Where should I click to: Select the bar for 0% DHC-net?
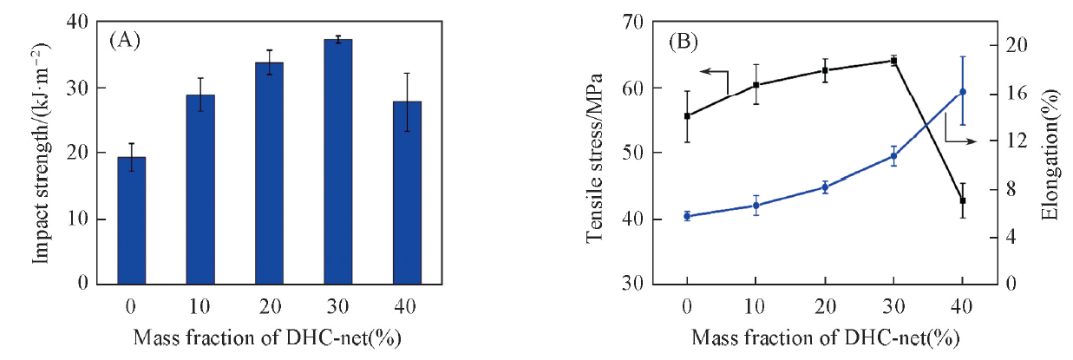click(131, 220)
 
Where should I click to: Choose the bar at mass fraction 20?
click(269, 173)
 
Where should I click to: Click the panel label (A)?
click(125, 40)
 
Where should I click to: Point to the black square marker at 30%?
click(893, 60)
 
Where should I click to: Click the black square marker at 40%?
click(962, 200)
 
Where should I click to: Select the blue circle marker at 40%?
click(962, 92)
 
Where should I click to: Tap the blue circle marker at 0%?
click(687, 216)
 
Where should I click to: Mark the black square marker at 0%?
click(687, 115)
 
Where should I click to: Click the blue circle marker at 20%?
click(825, 187)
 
